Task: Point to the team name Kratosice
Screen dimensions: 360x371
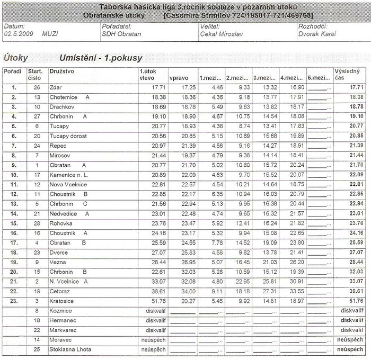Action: pyautogui.click(x=61, y=301)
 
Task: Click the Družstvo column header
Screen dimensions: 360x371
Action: pyautogui.click(x=61, y=70)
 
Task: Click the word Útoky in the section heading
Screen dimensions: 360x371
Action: pyautogui.click(x=16, y=57)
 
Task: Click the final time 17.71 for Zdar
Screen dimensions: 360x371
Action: pyautogui.click(x=356, y=87)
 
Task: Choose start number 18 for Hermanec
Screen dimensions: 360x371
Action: pyautogui.click(x=37, y=320)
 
